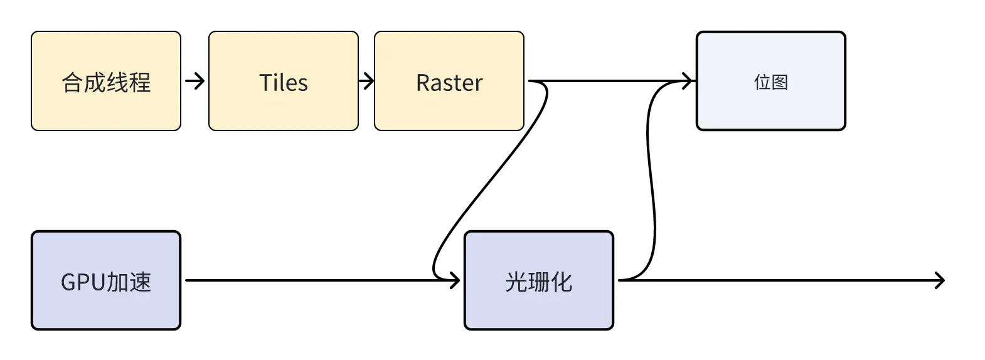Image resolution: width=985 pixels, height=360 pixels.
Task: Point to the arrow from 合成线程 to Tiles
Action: (x=195, y=81)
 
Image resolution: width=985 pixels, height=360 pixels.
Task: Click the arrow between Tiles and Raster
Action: (x=366, y=81)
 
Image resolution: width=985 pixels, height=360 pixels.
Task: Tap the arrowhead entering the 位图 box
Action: (x=689, y=81)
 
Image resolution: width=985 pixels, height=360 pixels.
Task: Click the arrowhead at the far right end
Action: (x=939, y=280)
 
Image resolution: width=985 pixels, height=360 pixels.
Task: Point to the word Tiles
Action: (x=284, y=83)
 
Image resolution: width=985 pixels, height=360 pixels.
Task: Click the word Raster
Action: (x=449, y=83)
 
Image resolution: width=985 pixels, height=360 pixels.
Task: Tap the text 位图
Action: (x=770, y=82)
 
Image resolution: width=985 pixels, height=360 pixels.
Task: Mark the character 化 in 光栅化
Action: (x=562, y=282)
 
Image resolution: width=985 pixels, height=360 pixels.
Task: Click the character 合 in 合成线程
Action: (x=72, y=83)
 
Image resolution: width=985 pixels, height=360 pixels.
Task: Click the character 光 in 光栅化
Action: (x=516, y=282)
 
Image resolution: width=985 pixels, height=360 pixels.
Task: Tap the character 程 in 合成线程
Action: (x=140, y=83)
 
